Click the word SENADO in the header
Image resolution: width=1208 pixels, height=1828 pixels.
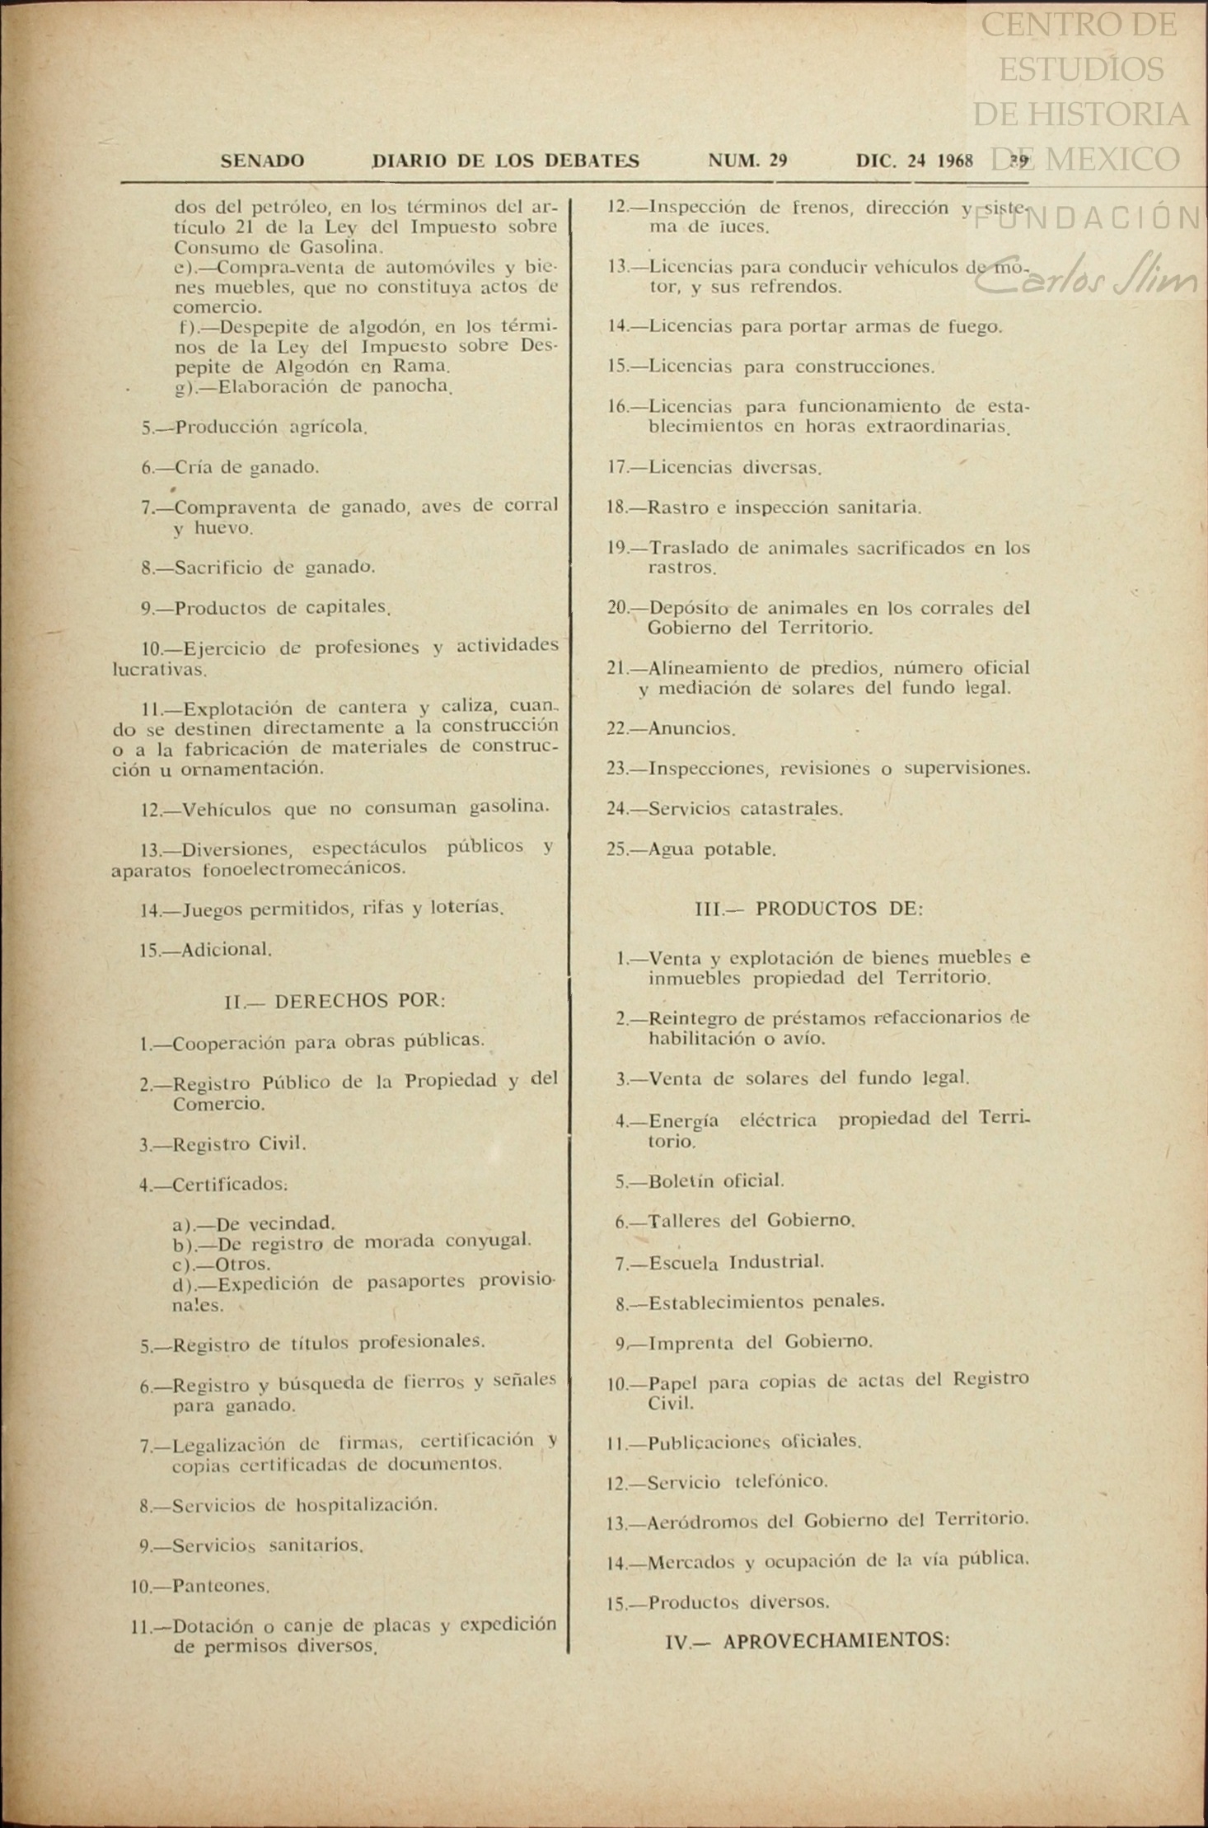(262, 161)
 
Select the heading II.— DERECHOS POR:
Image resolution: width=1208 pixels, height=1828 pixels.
(335, 1001)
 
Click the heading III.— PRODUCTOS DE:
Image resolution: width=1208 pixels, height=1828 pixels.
(809, 909)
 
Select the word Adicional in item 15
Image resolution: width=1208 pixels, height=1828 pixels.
(227, 949)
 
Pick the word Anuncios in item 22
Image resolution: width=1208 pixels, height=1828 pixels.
(691, 728)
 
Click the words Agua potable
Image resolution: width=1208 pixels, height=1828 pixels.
(712, 849)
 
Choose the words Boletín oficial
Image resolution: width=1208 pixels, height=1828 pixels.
(716, 1181)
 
